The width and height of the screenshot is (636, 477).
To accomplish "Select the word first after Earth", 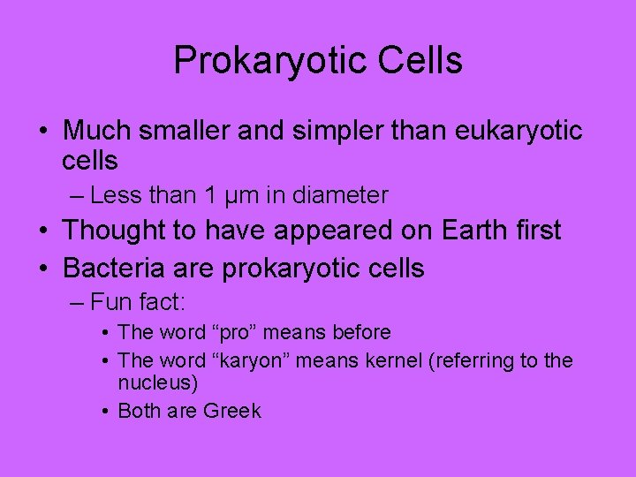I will (x=537, y=231).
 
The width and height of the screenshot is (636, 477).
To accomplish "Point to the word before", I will (x=358, y=333).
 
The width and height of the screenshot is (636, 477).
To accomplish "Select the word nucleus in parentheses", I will (x=155, y=383).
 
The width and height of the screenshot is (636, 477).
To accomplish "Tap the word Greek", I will (x=232, y=411).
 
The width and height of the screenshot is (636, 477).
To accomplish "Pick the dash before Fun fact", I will (x=76, y=303).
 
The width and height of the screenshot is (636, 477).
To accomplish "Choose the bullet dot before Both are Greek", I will (x=105, y=411).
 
